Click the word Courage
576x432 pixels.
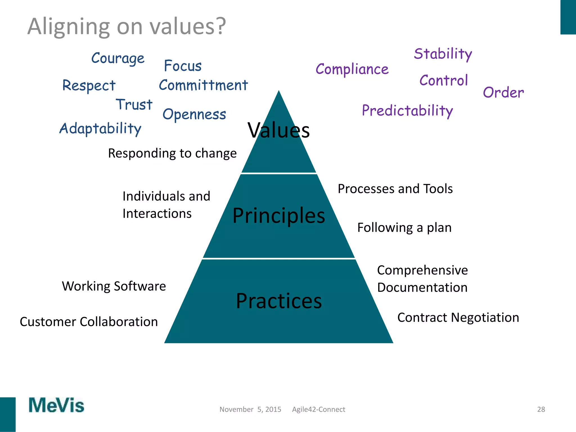click(118, 58)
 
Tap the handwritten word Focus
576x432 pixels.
click(183, 66)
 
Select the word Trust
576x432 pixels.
click(134, 105)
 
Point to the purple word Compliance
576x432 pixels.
click(352, 69)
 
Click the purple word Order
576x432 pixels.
click(503, 93)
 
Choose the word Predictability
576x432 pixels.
click(407, 111)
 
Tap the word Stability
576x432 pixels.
click(443, 54)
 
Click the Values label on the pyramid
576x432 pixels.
click(278, 130)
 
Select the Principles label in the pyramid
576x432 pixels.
click(279, 215)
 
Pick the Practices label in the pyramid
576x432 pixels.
click(279, 301)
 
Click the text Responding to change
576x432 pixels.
click(172, 154)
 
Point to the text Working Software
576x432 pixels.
click(114, 286)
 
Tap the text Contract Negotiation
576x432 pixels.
click(458, 318)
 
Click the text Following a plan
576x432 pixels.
click(404, 228)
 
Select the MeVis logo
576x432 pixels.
click(56, 405)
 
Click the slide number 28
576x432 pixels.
click(541, 409)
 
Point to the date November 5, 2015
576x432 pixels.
click(250, 409)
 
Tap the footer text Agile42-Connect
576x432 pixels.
click(318, 409)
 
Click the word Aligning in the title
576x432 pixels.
click(69, 27)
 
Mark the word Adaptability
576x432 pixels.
click(100, 129)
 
